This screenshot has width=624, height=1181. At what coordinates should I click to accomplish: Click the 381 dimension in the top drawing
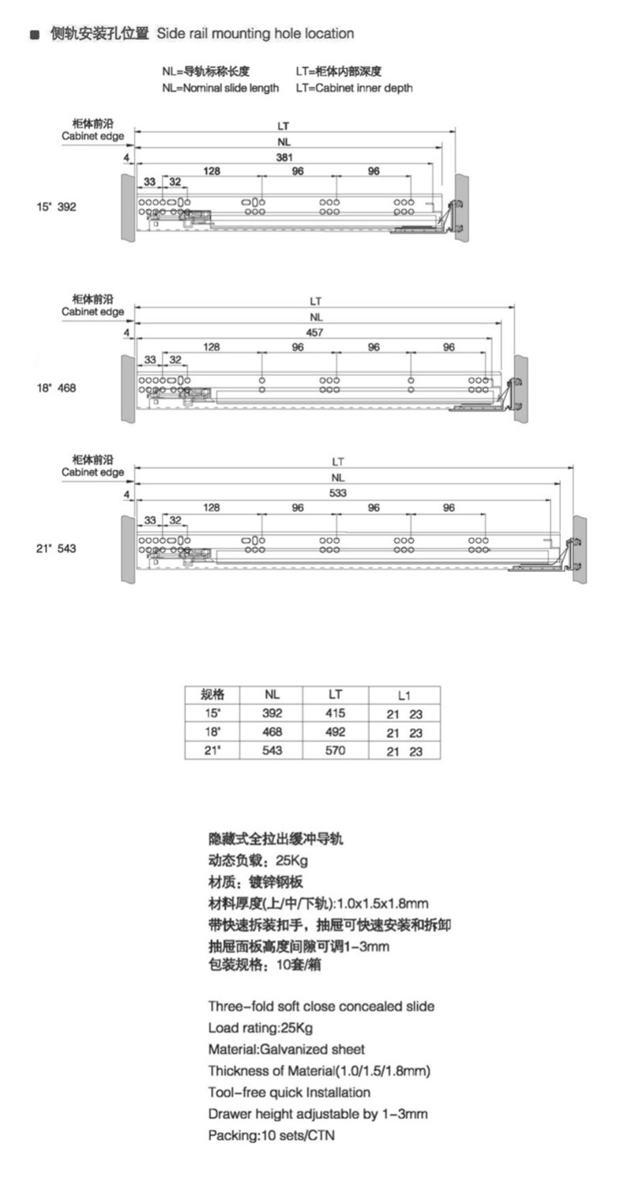pyautogui.click(x=284, y=157)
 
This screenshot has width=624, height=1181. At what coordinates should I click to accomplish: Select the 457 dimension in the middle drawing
pyautogui.click(x=314, y=333)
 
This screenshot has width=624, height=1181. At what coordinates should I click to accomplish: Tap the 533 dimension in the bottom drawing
pyautogui.click(x=338, y=493)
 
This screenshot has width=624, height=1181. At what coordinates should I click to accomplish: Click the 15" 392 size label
pyautogui.click(x=56, y=207)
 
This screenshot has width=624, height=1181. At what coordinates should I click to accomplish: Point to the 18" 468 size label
pyautogui.click(x=56, y=388)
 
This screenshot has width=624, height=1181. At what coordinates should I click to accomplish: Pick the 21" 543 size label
pyautogui.click(x=56, y=548)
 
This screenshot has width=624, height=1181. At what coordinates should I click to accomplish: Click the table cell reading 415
pyautogui.click(x=335, y=713)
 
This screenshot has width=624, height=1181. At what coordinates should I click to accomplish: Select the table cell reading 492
pyautogui.click(x=335, y=732)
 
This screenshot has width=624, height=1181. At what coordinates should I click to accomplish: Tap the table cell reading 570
pyautogui.click(x=335, y=750)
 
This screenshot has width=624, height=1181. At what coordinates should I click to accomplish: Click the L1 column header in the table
pyautogui.click(x=404, y=695)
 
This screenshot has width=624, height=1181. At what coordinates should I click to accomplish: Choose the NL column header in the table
pyautogui.click(x=272, y=695)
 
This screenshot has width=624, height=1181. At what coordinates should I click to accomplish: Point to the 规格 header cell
pyautogui.click(x=212, y=695)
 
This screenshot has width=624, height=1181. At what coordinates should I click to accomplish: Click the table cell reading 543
pyautogui.click(x=272, y=750)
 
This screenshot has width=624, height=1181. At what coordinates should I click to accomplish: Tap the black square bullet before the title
pyautogui.click(x=35, y=35)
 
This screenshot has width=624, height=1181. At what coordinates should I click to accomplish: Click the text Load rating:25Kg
pyautogui.click(x=261, y=1028)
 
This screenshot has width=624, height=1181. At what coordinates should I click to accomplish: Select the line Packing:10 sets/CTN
pyautogui.click(x=272, y=1135)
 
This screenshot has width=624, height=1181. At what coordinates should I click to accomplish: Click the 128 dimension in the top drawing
pyautogui.click(x=212, y=171)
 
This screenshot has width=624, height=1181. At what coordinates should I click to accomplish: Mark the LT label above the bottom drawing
pyautogui.click(x=338, y=462)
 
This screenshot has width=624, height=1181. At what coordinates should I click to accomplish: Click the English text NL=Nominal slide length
pyautogui.click(x=220, y=88)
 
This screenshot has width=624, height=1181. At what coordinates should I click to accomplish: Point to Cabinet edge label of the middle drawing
pyautogui.click(x=92, y=311)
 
